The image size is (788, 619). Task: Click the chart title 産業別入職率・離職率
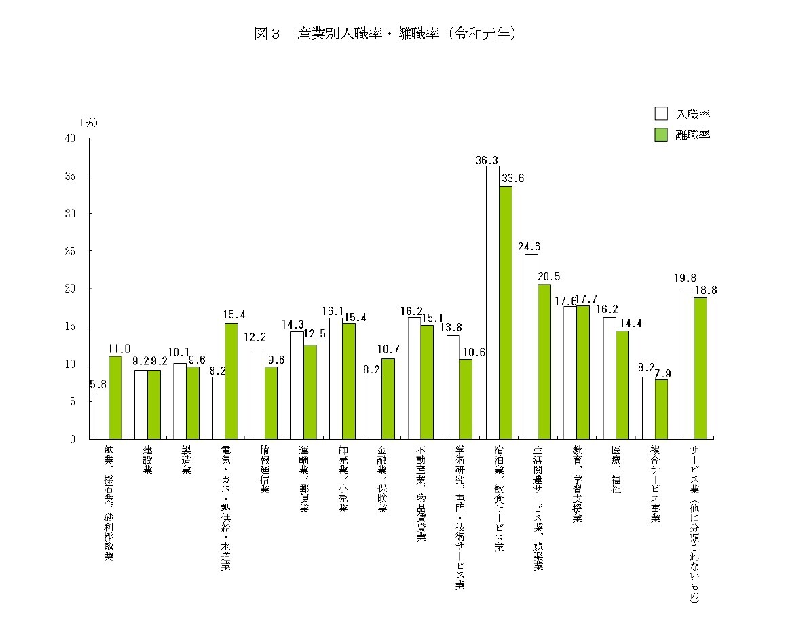click(x=386, y=35)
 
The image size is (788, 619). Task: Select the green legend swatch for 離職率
click(x=662, y=134)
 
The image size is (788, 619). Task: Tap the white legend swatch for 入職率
click(x=662, y=114)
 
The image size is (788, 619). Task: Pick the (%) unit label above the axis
click(x=89, y=123)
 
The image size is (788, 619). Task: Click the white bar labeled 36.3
click(x=492, y=302)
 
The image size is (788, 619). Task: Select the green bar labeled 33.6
click(x=506, y=312)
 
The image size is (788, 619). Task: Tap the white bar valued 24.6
click(x=531, y=346)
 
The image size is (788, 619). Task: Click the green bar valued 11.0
click(x=115, y=398)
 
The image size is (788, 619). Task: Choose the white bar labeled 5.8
click(x=102, y=417)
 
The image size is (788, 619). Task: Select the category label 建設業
click(x=147, y=462)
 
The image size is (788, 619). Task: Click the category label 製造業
click(x=186, y=462)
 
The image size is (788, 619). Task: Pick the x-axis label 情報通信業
click(x=265, y=469)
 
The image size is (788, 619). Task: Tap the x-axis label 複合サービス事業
click(x=655, y=484)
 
